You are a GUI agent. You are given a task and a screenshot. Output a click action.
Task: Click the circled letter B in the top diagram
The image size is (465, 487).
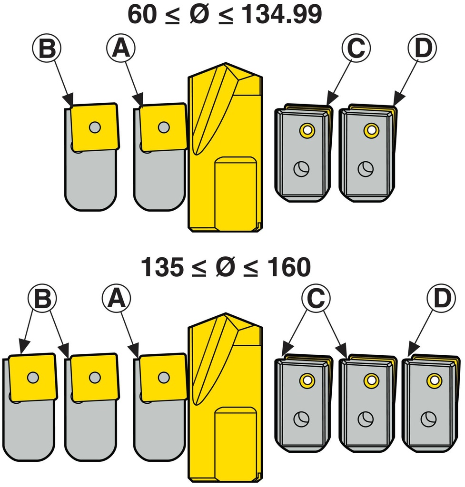click(x=47, y=49)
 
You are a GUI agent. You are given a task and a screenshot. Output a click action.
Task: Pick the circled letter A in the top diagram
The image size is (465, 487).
click(x=121, y=49)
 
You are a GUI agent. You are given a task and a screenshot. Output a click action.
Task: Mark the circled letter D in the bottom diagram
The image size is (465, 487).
click(x=440, y=299)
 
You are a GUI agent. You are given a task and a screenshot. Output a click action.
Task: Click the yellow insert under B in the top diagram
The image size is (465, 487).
click(x=94, y=127)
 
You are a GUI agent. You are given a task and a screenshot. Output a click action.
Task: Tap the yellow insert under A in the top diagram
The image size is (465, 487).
click(x=163, y=127)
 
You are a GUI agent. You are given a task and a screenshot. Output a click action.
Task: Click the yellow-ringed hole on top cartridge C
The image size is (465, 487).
click(x=306, y=130)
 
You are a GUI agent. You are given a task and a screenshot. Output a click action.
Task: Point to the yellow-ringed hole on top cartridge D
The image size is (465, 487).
click(x=370, y=130)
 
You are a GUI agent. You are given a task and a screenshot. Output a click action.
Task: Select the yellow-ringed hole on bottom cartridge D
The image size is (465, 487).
click(x=434, y=380)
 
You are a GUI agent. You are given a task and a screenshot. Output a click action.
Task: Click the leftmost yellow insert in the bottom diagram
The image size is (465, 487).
click(x=32, y=377)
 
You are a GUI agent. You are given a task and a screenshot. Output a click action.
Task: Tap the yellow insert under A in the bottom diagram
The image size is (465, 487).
click(x=163, y=377)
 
